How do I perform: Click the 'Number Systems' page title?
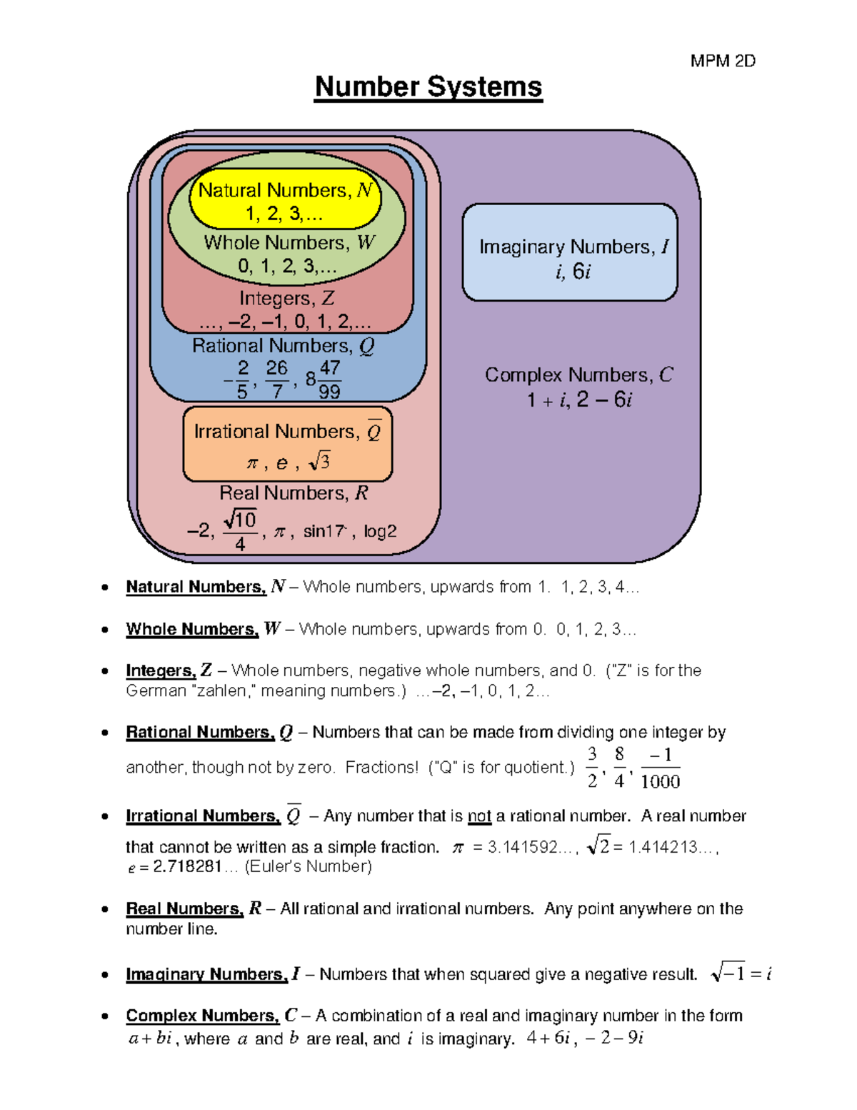428,87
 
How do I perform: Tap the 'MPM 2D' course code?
723,61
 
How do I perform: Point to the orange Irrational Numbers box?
287,445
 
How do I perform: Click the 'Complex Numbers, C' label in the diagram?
578,375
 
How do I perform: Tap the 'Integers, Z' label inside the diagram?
286,298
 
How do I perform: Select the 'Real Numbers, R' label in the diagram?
294,493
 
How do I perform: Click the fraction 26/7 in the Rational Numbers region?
276,379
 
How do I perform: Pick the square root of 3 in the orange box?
319,462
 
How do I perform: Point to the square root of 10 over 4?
240,530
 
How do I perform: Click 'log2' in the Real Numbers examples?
380,531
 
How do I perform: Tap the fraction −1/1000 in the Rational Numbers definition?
660,768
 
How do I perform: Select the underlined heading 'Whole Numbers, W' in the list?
192,629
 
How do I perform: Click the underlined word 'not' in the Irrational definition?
479,816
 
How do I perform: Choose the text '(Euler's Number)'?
309,867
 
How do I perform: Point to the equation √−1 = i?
741,973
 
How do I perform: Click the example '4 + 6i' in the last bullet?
548,1038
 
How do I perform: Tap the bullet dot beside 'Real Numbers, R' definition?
105,909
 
